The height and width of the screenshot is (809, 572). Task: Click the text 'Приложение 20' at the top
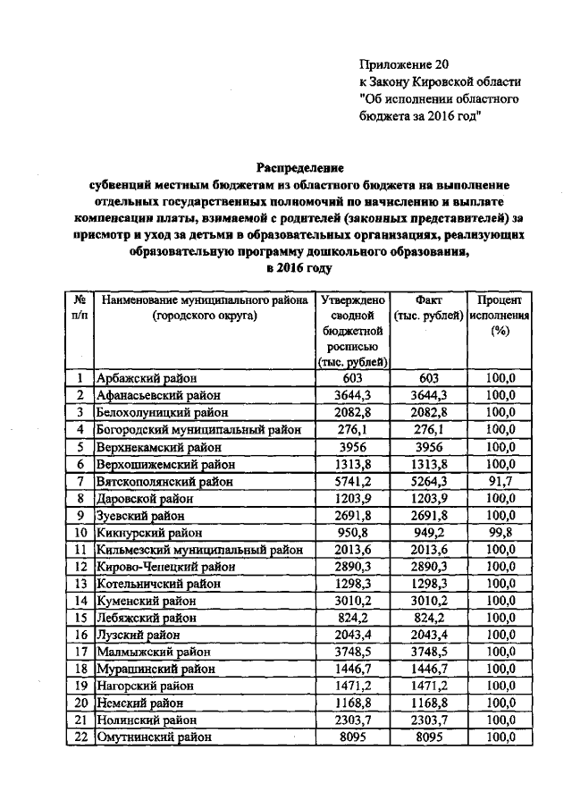pos(401,64)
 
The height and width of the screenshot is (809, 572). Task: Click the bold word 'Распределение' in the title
pos(300,167)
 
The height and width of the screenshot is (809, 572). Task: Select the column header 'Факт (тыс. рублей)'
pos(427,308)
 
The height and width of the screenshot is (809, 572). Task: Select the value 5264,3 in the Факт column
pos(427,482)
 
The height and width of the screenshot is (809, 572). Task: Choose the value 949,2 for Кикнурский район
pos(427,533)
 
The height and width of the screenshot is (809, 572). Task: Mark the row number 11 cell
pos(80,550)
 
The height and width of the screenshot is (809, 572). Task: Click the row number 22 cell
pos(80,737)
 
